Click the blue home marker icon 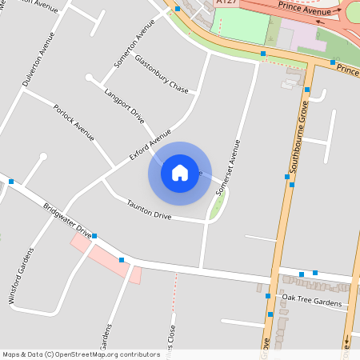pos(180,172)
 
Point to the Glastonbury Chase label pos(161,73)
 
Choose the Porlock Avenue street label pos(74,123)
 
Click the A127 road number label pos(226,3)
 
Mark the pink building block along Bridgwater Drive pos(108,258)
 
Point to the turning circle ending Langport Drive pos(89,78)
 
